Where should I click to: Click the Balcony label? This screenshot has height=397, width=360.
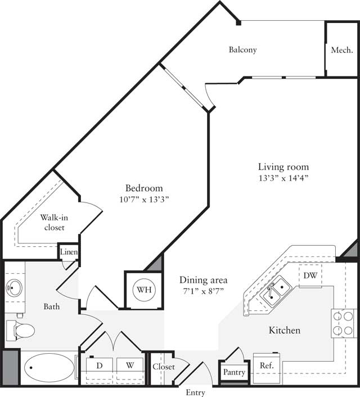(242, 49)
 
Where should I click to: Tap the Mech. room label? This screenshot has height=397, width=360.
(341, 49)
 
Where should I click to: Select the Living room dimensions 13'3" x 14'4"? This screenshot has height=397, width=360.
(283, 178)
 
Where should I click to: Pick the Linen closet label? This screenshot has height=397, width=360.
(69, 252)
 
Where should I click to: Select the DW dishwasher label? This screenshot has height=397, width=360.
(310, 276)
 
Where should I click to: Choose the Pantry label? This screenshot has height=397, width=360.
(233, 372)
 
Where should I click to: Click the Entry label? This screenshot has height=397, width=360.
(196, 393)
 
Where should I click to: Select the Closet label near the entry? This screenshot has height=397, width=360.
(163, 367)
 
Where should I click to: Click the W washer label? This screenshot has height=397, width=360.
(130, 365)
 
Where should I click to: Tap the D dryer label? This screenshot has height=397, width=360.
(100, 365)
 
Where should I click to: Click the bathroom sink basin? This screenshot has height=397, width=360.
(15, 288)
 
